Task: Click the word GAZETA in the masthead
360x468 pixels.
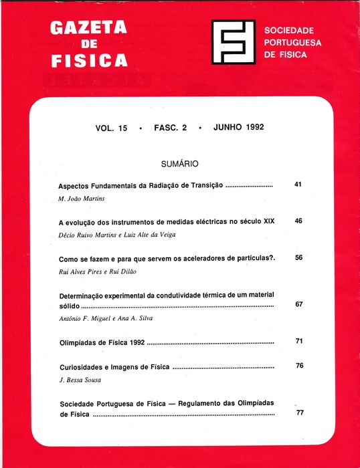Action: pos(88,29)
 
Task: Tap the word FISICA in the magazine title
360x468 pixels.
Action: pos(89,61)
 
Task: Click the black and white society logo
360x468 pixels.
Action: pos(233,42)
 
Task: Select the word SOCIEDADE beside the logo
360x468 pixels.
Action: pos(289,31)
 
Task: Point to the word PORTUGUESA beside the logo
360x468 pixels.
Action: pos(293,43)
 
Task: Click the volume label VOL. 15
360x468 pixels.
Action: pos(111,128)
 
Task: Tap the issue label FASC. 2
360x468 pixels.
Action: pos(170,128)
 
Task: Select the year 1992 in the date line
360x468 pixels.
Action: pos(250,127)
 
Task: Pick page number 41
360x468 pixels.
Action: pos(298,184)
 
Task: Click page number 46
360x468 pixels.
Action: pos(298,221)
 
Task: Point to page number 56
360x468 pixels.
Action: pos(298,257)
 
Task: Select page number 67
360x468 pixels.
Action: pos(298,304)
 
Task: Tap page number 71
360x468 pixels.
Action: pos(299,342)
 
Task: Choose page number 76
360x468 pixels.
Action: pos(299,366)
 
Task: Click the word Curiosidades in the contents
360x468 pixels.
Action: pos(82,368)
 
